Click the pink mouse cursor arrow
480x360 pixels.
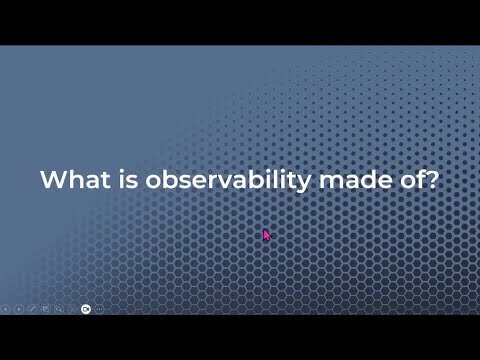click(x=266, y=235)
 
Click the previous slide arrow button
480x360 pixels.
click(x=5, y=309)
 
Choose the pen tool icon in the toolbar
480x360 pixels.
click(x=32, y=309)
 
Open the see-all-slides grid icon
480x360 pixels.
click(x=46, y=309)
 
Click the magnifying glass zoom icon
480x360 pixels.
click(x=59, y=309)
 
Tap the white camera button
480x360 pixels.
click(x=86, y=309)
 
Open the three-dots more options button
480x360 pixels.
click(x=100, y=309)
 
